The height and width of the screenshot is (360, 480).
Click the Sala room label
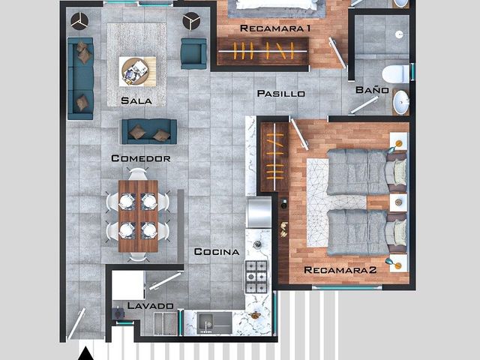pos(136,100)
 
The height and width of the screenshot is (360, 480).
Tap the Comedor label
pos(141,158)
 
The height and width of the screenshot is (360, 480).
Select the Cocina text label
pos(217,252)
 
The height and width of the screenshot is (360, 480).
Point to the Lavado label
pos(150,305)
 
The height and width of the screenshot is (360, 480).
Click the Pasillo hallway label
pos(281,93)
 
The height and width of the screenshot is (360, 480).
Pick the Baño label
pos(372,90)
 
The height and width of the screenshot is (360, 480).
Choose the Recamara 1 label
pos(275,28)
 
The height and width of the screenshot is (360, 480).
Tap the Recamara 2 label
pos(340,270)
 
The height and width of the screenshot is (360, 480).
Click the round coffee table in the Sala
pos(135,72)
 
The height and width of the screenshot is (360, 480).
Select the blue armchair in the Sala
pos(193,53)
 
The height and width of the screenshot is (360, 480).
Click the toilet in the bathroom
pos(397,74)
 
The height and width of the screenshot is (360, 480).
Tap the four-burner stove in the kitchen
pos(256,277)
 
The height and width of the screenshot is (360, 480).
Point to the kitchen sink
pos(214,323)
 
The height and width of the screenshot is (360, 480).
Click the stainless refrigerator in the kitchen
pos(259,213)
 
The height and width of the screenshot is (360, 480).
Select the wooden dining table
pos(138,216)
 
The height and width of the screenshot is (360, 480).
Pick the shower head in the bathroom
pos(399,34)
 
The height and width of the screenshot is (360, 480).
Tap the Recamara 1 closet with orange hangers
pos(263,51)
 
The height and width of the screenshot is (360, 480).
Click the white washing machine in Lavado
pos(128,285)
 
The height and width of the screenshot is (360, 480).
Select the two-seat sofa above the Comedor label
pos(149,132)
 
